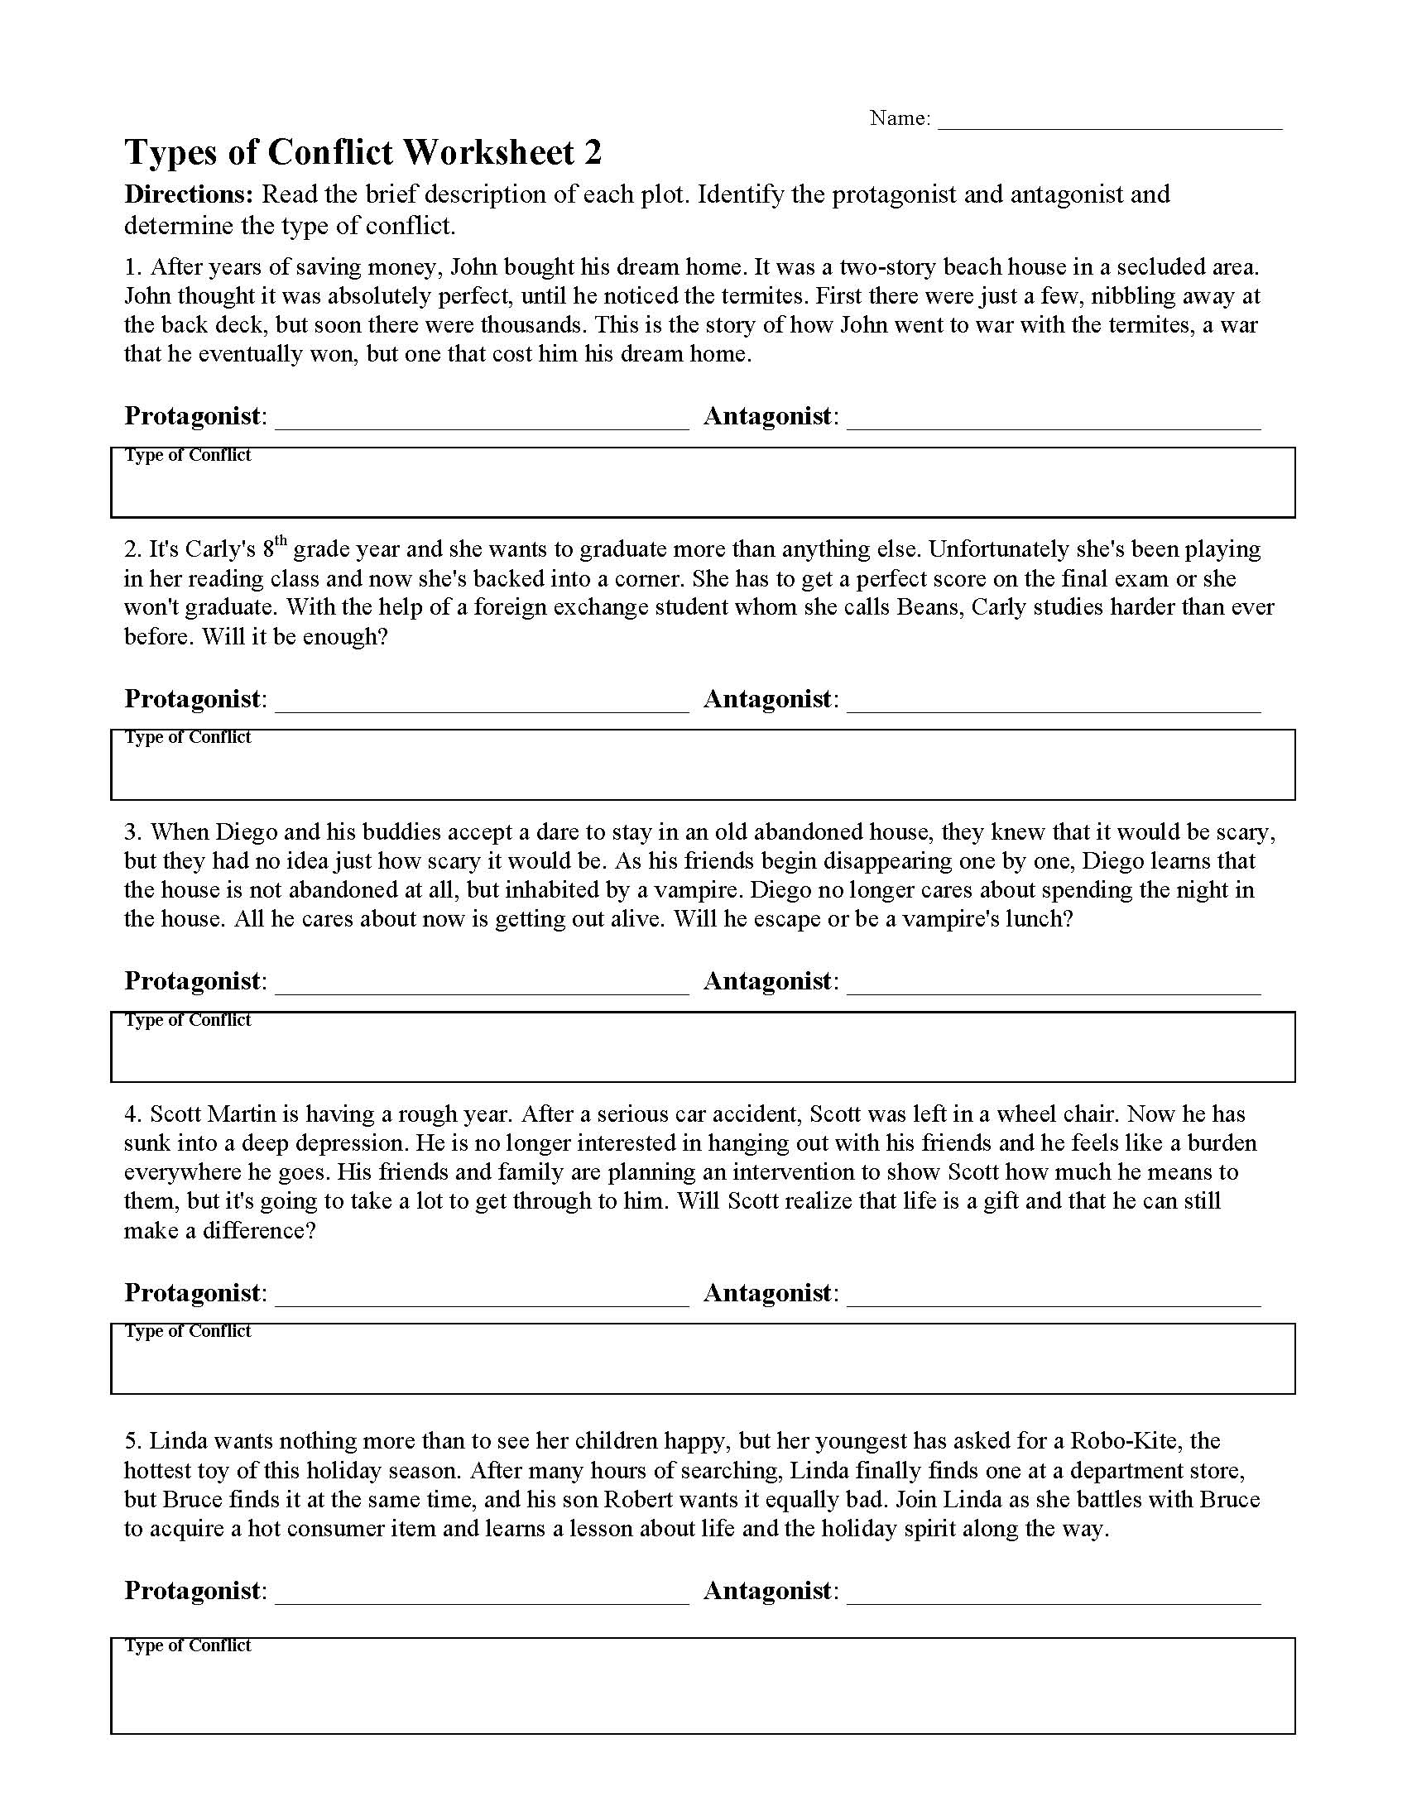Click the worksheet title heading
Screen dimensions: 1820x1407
(363, 153)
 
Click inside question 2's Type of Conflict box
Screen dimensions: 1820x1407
(703, 771)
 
